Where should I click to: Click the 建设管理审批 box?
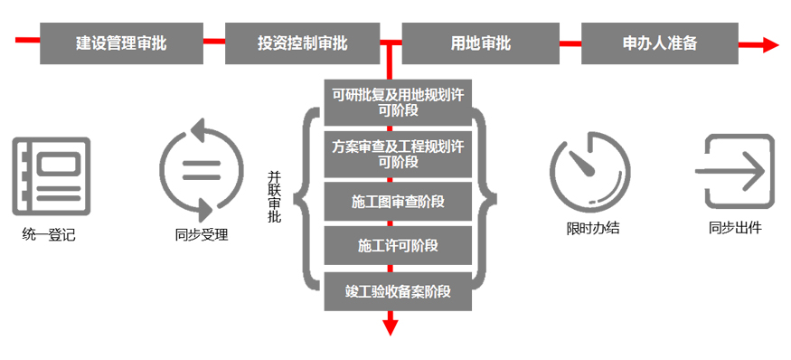[121, 42]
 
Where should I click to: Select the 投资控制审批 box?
[302, 42]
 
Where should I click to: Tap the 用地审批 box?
[480, 42]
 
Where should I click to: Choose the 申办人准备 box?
[660, 42]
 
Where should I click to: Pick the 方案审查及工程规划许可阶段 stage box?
[398, 154]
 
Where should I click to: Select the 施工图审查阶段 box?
[398, 201]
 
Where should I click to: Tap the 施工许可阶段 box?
[398, 246]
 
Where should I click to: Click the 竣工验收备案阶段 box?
[398, 291]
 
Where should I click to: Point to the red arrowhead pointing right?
[769, 43]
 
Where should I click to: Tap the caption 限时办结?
[592, 228]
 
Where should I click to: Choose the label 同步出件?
[735, 228]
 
